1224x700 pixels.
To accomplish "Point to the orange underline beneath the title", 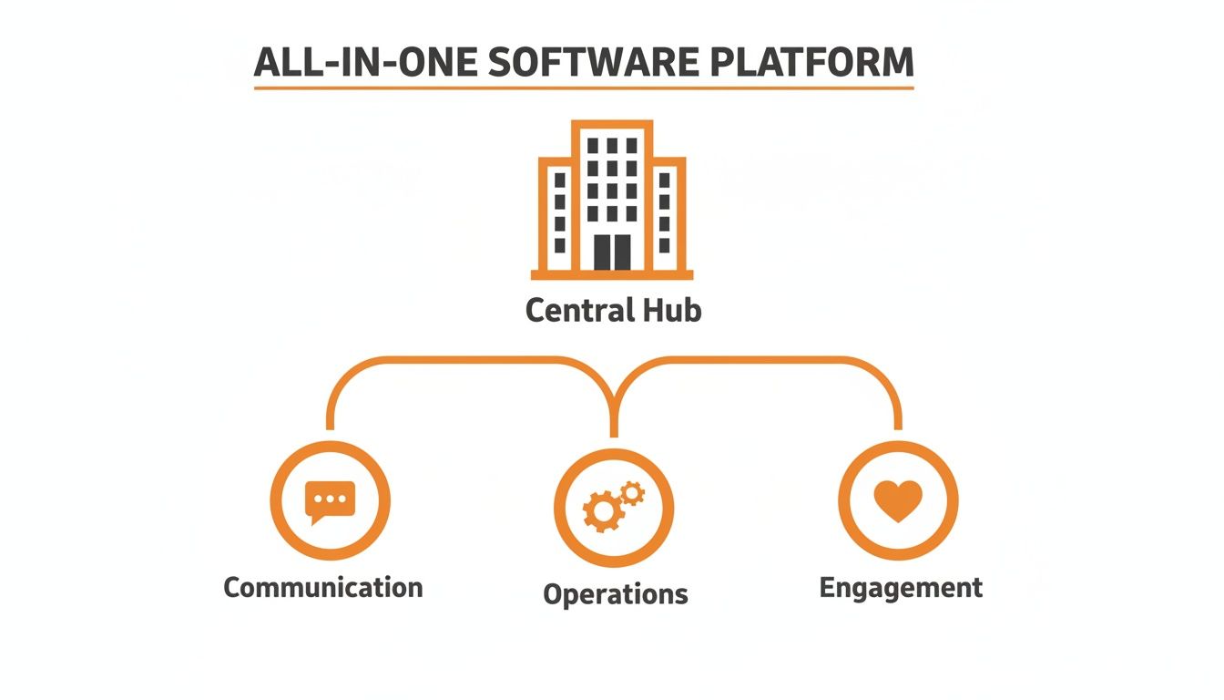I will coord(583,87).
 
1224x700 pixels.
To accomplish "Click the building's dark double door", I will coord(612,252).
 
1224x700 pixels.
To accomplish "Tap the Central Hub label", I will coord(613,311).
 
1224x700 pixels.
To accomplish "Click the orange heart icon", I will coord(897,500).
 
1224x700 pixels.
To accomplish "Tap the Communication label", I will coord(323,586).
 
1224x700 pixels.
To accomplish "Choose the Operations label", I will coord(615,594).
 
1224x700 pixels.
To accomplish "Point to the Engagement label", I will coord(901,587).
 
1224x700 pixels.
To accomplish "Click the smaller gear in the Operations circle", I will coord(632,493).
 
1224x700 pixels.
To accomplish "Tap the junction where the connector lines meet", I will coord(613,401).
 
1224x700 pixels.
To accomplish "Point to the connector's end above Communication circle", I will coord(330,425).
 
